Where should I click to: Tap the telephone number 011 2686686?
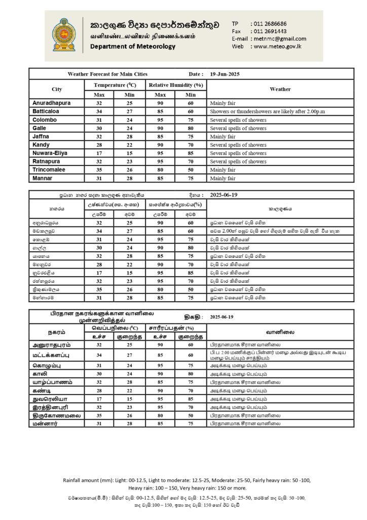[269, 24]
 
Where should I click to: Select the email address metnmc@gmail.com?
[278, 39]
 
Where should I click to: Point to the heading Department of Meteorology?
[133, 46]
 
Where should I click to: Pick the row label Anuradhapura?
[51, 103]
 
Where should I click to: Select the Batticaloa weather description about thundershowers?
[274, 111]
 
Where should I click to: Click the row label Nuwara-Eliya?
[50, 153]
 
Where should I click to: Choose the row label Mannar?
[43, 178]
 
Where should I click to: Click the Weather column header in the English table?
[280, 89]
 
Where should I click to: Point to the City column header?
[57, 89]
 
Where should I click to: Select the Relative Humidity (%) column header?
[175, 85]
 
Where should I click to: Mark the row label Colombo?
[45, 120]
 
